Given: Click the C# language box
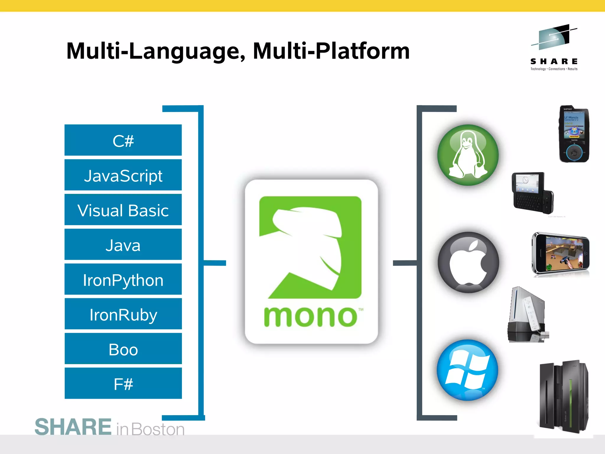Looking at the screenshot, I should (123, 140).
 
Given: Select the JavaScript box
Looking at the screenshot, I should (123, 175).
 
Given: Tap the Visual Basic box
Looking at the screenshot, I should (123, 210).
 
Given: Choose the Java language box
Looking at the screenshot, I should (123, 244).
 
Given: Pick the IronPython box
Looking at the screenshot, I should (123, 279).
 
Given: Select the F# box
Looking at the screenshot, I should (123, 383).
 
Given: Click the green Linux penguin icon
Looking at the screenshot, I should (468, 155).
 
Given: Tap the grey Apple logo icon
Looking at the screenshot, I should (468, 262).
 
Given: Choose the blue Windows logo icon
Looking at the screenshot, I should (467, 370).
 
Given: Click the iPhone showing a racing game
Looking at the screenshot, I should (560, 254).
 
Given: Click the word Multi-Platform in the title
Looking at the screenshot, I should (331, 51).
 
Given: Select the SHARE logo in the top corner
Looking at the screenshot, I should (554, 47).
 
